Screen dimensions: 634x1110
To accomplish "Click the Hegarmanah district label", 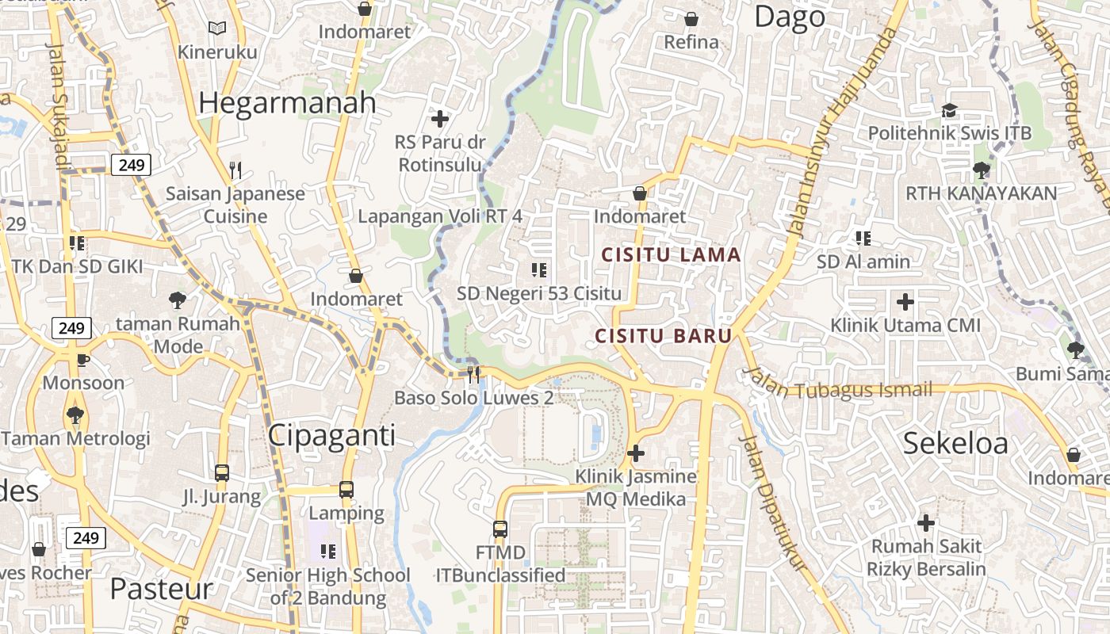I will click(x=287, y=103).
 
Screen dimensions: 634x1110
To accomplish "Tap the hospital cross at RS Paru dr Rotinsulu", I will click(x=439, y=120).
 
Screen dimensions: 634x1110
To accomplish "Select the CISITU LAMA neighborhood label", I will click(x=671, y=255).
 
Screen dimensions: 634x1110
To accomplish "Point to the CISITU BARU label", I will click(x=664, y=335).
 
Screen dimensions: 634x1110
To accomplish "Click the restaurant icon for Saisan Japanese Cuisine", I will click(x=235, y=170).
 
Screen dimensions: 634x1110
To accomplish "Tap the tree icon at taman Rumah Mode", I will click(x=178, y=300).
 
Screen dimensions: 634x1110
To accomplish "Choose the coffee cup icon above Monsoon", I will click(x=82, y=360).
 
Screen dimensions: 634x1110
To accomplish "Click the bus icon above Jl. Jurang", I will click(x=222, y=473).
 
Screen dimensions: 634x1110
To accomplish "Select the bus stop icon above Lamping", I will click(x=346, y=489).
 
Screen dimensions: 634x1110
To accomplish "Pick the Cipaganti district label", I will click(x=331, y=435).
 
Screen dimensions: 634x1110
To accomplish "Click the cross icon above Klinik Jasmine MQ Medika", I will click(x=635, y=453).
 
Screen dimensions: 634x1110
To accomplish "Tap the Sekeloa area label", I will click(x=955, y=444).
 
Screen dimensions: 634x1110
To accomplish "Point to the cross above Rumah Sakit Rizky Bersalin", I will click(x=925, y=523).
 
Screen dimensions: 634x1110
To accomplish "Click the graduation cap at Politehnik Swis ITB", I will click(x=949, y=110).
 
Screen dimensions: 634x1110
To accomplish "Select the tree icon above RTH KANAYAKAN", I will click(x=981, y=170).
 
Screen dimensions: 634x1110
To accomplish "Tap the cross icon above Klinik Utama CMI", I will click(x=905, y=302).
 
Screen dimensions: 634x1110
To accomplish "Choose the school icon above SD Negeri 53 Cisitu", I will click(x=539, y=270).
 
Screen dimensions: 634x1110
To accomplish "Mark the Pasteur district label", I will click(x=162, y=589).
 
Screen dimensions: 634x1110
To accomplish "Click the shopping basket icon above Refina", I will click(x=691, y=19).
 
